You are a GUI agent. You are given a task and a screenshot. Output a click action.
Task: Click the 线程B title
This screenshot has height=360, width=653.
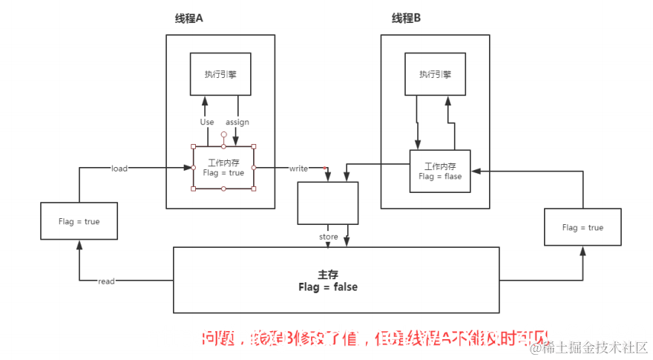coord(406,19)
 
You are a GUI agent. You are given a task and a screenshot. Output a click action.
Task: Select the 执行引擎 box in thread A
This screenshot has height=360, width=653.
coord(220,73)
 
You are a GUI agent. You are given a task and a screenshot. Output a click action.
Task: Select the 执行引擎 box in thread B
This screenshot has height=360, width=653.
coord(435,73)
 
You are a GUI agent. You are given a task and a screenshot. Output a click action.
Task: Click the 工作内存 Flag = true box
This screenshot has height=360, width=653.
coord(223,168)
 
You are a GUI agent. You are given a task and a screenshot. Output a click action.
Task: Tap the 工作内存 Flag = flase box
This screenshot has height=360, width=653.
coord(440,171)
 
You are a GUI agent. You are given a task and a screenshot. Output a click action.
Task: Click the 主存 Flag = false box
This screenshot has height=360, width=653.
coord(336,280)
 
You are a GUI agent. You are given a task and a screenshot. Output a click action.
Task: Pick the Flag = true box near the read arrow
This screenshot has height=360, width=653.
coord(79,221)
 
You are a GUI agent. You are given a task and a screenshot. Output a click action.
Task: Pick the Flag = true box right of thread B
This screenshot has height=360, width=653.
coord(583,227)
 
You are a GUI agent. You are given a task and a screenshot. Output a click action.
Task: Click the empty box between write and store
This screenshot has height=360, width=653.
coord(328,203)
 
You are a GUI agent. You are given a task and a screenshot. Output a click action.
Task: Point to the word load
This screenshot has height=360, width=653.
coord(119,168)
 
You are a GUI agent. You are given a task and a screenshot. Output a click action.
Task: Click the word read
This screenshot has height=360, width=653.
coord(106,281)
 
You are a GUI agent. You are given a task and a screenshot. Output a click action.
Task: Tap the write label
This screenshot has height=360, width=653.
coord(298,168)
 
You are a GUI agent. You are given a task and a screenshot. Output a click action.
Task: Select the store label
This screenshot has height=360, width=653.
coord(328,237)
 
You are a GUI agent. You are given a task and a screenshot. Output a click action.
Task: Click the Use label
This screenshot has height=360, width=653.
coord(207,122)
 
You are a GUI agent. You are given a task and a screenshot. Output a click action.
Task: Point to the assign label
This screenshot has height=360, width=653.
coord(237,122)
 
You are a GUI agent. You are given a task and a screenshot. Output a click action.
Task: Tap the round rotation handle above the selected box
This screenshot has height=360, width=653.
coord(223,135)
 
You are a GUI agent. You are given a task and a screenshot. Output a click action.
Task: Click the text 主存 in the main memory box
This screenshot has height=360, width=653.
coord(328,275)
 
